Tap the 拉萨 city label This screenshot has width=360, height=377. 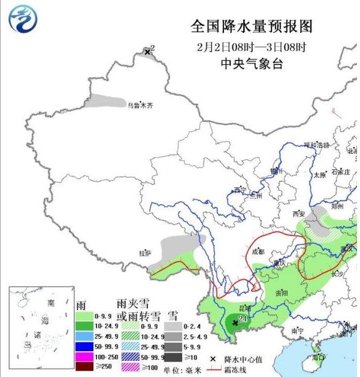[145, 253]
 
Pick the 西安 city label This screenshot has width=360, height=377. [299, 214]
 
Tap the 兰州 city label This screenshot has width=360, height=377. [256, 195]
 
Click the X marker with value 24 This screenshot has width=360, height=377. [235, 323]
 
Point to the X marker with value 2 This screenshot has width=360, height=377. [147, 53]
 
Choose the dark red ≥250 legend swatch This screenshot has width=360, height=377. [86, 366]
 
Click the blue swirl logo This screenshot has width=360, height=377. [23, 19]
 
